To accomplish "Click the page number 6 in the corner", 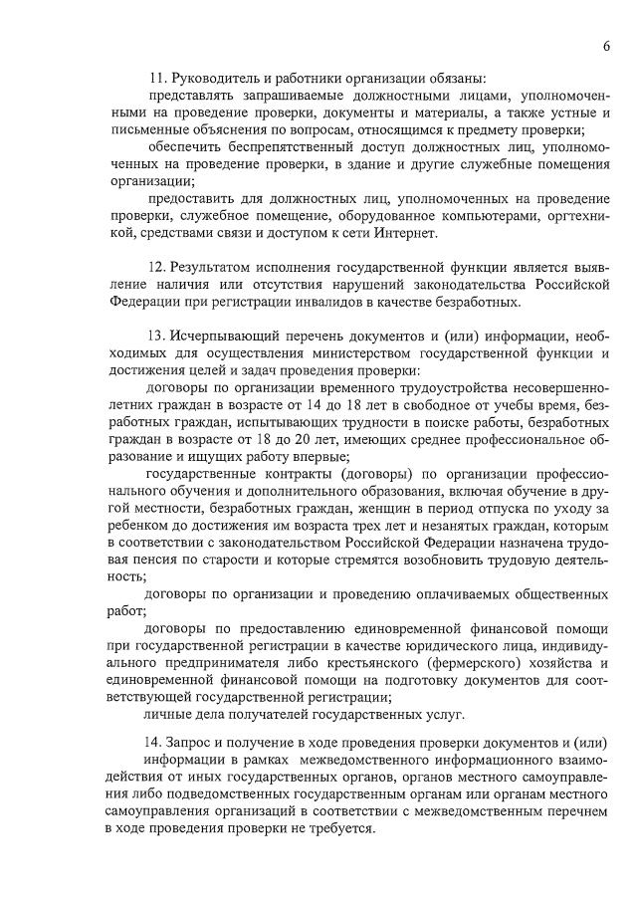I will [605, 46].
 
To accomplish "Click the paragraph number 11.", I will [155, 78].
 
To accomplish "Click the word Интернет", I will [406, 233].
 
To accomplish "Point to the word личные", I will [167, 715].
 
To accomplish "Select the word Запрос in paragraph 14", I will [203, 744].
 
